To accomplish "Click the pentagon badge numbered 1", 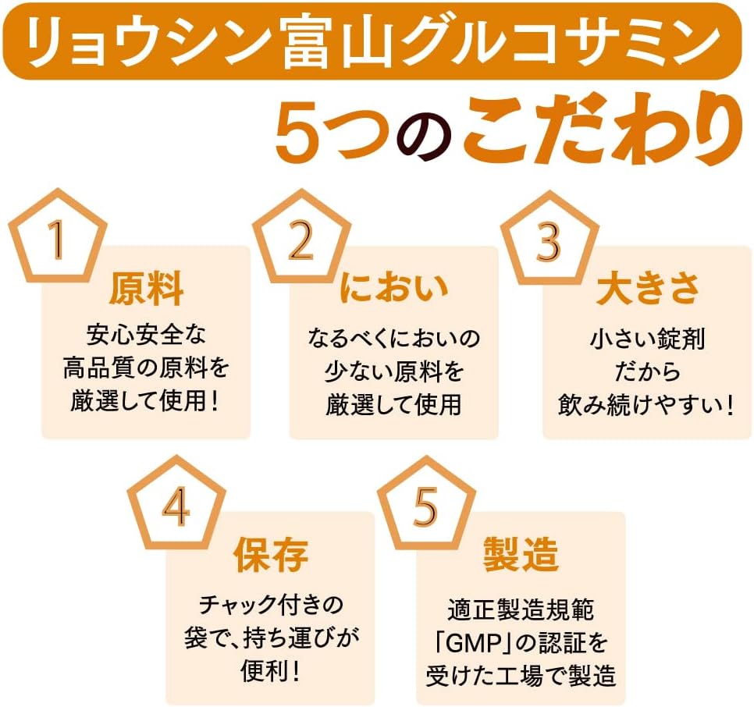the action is coord(59,238).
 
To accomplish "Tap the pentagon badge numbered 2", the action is coord(301,238).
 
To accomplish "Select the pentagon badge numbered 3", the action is coord(549,239).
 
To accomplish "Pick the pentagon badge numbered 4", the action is coord(176,503).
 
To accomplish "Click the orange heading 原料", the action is coord(146,290).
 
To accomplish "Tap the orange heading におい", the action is coord(393,289).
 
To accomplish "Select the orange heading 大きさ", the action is coord(647,289).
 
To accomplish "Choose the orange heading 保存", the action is coord(271,555).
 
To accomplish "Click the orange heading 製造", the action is coord(521,555).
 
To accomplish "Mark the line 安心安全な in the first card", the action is coord(146,334).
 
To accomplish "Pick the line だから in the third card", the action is coord(647,371).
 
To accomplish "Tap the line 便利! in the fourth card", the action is coord(271,671).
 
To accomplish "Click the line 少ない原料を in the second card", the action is coord(393,371).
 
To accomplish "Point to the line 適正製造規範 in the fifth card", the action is coord(521,609).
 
